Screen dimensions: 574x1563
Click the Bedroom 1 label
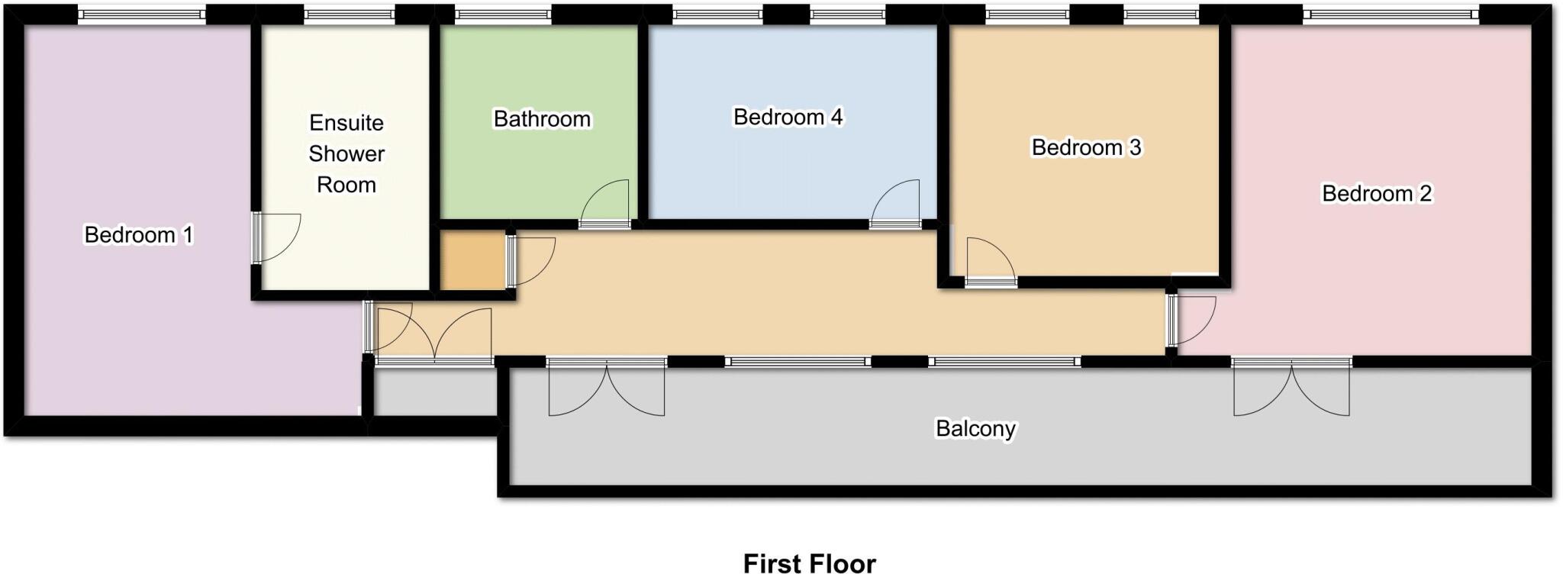pyautogui.click(x=138, y=234)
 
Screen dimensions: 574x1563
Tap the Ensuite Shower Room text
pyautogui.click(x=346, y=153)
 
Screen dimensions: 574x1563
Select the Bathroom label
pyautogui.click(x=542, y=119)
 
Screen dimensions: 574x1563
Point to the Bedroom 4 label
pyautogui.click(x=788, y=117)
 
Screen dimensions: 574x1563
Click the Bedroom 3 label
pyautogui.click(x=1086, y=147)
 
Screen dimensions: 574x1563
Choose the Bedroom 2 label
pyautogui.click(x=1377, y=194)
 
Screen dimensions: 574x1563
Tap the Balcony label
pyautogui.click(x=975, y=429)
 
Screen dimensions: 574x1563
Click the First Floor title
pyautogui.click(x=809, y=563)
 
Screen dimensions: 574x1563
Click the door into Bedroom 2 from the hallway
pyautogui.click(x=1192, y=321)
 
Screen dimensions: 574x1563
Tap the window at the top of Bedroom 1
pyautogui.click(x=143, y=14)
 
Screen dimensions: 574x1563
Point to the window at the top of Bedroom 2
pyautogui.click(x=1391, y=14)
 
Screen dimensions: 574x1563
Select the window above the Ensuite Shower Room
pyautogui.click(x=350, y=14)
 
